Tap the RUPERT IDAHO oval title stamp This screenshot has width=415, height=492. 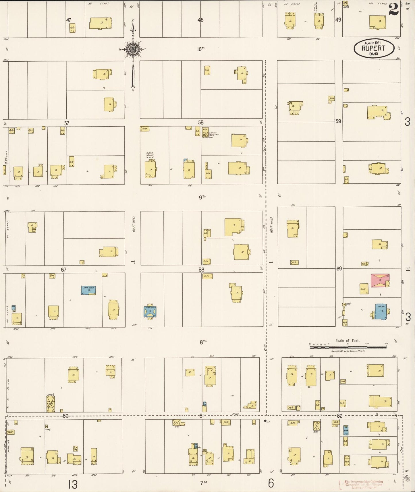point(374,49)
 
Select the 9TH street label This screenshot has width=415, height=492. point(202,197)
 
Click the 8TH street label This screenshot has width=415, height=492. point(203,342)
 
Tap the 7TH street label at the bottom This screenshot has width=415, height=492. point(203,482)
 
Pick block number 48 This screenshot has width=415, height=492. point(200,20)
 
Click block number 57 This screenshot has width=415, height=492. point(67,123)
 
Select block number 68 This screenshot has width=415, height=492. point(201,270)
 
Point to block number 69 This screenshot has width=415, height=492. point(339,269)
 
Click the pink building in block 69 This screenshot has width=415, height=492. point(380,280)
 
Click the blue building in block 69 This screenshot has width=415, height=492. point(381,311)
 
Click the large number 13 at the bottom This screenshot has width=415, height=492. point(73,484)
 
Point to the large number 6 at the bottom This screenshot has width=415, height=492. point(271,484)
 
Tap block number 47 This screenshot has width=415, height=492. point(68,20)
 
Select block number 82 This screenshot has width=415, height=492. point(340,416)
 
